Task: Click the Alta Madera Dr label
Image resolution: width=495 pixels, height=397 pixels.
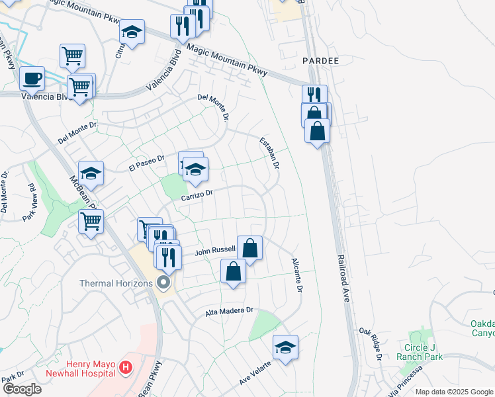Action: pos(229,310)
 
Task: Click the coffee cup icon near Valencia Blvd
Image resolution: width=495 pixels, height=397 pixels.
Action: pos(32,79)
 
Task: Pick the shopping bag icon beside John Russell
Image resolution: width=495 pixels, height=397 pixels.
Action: pos(249,249)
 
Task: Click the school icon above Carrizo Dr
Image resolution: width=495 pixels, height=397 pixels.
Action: pos(195,170)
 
